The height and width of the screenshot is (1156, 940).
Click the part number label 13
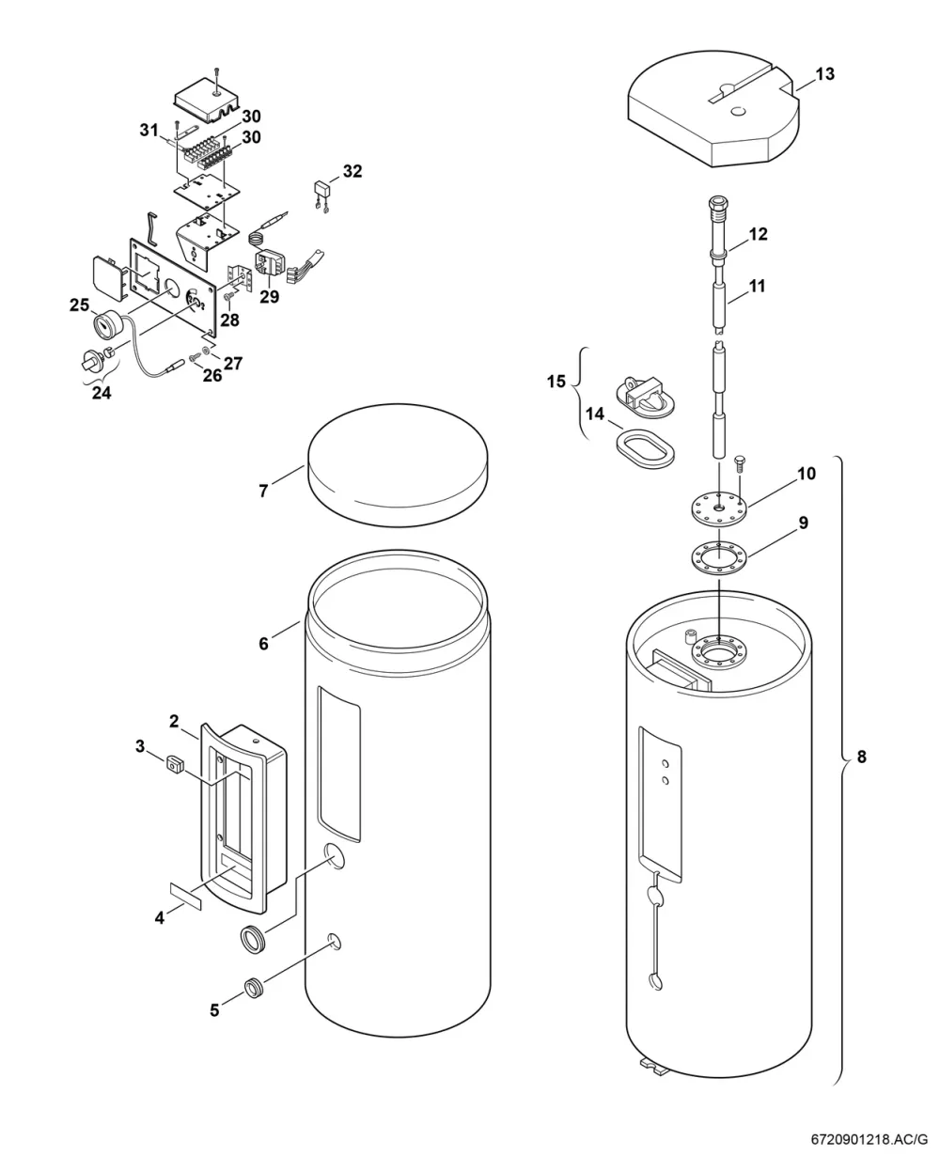pyautogui.click(x=825, y=74)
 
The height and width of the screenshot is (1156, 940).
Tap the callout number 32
pyautogui.click(x=352, y=171)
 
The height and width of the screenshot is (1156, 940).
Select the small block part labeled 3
pyautogui.click(x=174, y=765)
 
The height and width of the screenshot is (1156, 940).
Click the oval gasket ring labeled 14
pyautogui.click(x=645, y=450)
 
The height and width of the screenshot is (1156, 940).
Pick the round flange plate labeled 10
pyautogui.click(x=719, y=508)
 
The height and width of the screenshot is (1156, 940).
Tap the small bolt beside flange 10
pyautogui.click(x=739, y=463)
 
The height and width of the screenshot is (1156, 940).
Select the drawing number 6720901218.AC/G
pyautogui.click(x=869, y=1139)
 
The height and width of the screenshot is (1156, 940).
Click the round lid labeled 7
pyautogui.click(x=398, y=465)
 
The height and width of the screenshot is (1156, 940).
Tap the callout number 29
pyautogui.click(x=269, y=296)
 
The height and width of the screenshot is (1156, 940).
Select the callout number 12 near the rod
pyautogui.click(x=759, y=234)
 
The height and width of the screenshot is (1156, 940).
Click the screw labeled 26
pyautogui.click(x=195, y=358)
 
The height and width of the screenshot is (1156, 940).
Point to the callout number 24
pyautogui.click(x=102, y=392)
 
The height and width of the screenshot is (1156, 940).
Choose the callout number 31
pyautogui.click(x=149, y=131)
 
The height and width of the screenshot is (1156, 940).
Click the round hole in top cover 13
pyautogui.click(x=738, y=112)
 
